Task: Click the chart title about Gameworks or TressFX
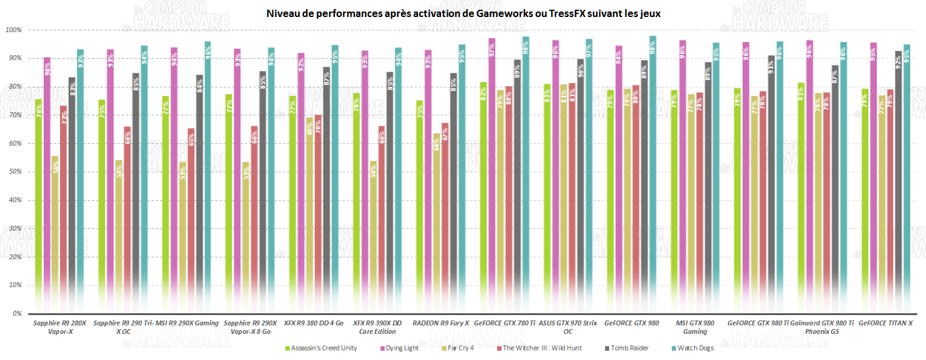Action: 463,13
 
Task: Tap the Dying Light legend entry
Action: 402,348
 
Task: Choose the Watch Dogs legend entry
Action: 695,348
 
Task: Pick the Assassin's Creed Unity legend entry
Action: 323,348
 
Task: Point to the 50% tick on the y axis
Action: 13,172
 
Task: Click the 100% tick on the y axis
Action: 13,30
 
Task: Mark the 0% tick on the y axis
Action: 16,314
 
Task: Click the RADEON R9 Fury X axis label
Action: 441,323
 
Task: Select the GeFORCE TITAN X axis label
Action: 885,323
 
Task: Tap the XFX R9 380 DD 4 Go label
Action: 313,323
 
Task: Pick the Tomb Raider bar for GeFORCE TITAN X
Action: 899,182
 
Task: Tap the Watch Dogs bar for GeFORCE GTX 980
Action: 652,176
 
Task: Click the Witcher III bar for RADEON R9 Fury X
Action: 445,219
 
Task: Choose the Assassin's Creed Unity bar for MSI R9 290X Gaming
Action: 166,206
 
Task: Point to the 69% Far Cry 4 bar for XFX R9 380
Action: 309,212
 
